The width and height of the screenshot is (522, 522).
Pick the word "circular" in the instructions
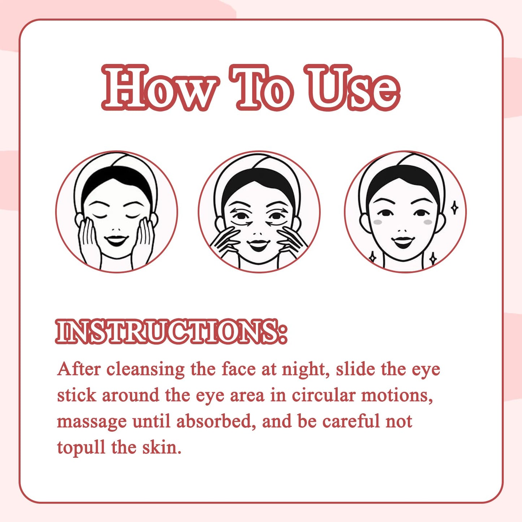point(323,396)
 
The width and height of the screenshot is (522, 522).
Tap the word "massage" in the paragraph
point(91,423)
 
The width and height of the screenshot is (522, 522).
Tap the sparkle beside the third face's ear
point(454,208)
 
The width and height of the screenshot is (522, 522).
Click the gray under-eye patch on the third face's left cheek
point(378,222)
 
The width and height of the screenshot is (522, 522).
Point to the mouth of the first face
point(116,240)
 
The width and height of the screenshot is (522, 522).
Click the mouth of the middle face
point(259,244)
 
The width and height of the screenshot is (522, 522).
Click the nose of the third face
point(402,231)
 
